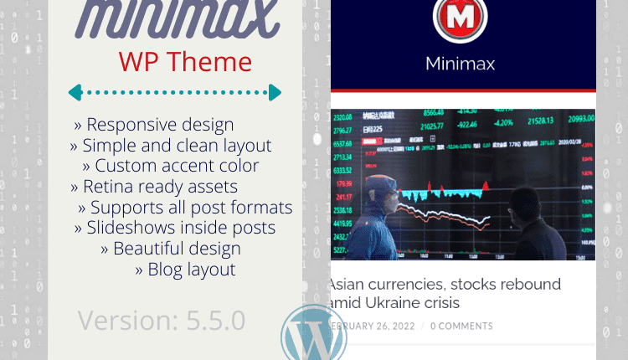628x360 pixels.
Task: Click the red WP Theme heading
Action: coord(184,61)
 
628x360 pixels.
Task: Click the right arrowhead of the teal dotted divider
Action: coord(275,92)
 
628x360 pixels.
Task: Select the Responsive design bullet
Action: coord(153,125)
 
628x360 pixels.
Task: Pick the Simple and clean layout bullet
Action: coord(170,146)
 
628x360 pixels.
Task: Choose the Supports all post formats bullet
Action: coord(185,207)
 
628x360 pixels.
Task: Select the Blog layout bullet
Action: coord(185,269)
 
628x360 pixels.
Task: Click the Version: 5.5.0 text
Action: coord(161,319)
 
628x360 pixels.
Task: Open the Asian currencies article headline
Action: coord(445,293)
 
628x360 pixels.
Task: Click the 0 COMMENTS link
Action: coord(461,326)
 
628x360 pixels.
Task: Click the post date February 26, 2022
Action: coord(368,326)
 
